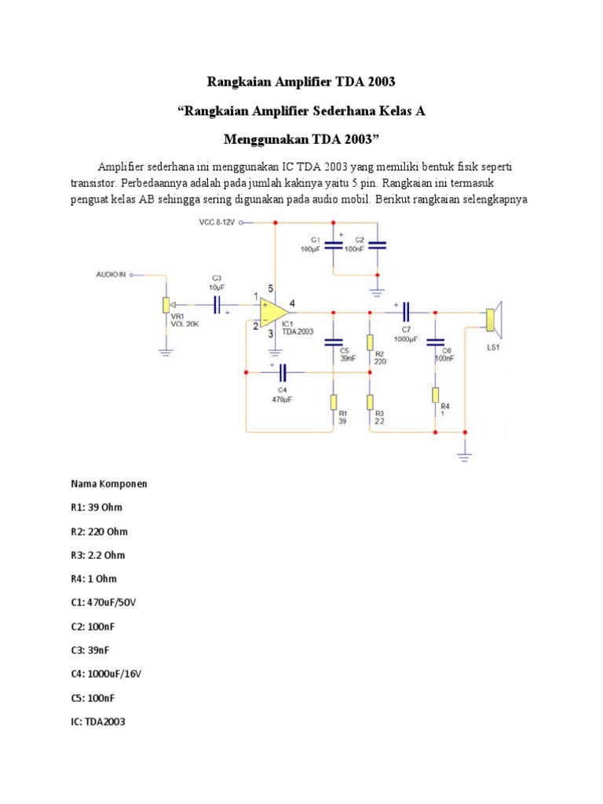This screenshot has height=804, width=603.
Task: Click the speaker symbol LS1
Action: pos(494,320)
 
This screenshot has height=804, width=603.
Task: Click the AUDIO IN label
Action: pos(111,275)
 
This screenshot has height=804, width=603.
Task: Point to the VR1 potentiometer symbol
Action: pos(165,305)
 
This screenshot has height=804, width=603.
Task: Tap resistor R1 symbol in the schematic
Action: pos(334,402)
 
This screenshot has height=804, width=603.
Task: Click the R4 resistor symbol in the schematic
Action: pos(434,395)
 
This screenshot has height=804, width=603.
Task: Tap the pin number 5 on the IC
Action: pos(271,288)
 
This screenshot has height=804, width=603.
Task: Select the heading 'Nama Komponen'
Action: pos(109,484)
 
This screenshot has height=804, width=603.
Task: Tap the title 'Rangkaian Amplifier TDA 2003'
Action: pos(301,82)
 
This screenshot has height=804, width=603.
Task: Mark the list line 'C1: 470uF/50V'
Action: pos(106,602)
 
